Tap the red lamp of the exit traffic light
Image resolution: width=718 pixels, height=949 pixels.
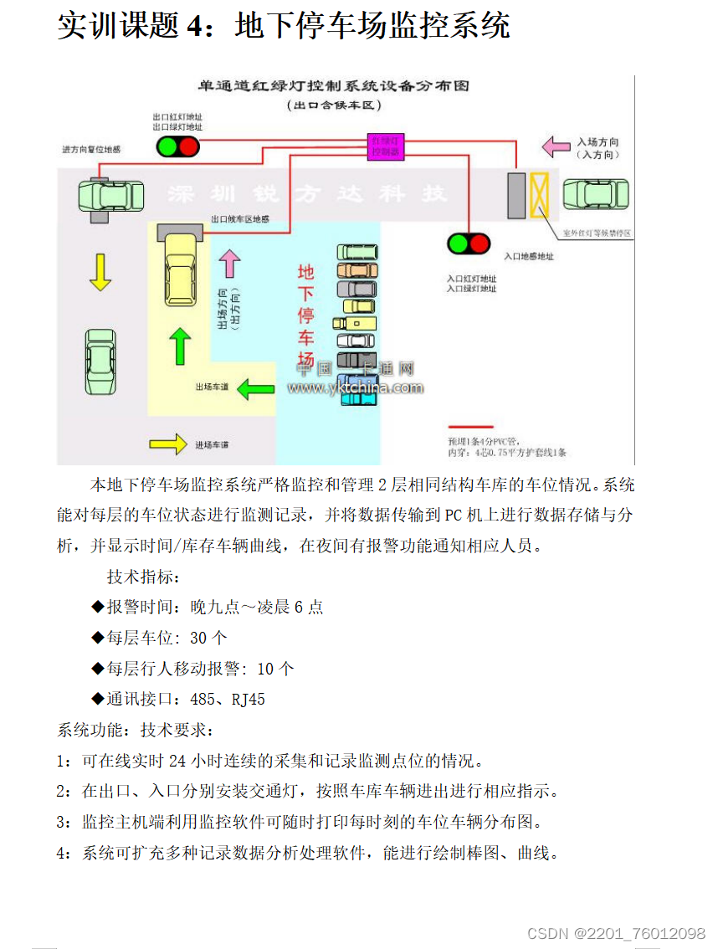click(x=187, y=147)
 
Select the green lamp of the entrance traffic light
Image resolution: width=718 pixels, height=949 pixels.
click(x=457, y=244)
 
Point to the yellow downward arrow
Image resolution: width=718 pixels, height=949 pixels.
click(x=100, y=272)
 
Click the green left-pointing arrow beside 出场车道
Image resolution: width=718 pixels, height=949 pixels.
click(x=256, y=387)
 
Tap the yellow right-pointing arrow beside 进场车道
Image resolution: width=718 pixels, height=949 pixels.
click(x=167, y=443)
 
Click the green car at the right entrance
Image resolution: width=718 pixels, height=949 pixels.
click(x=596, y=194)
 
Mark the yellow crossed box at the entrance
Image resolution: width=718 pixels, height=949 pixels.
click(x=539, y=194)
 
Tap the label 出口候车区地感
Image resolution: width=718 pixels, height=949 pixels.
click(x=239, y=219)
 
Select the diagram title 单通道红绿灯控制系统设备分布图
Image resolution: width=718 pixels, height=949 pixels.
click(x=332, y=86)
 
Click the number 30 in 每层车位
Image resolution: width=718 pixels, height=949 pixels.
click(x=198, y=638)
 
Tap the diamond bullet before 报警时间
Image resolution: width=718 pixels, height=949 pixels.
click(x=98, y=607)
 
